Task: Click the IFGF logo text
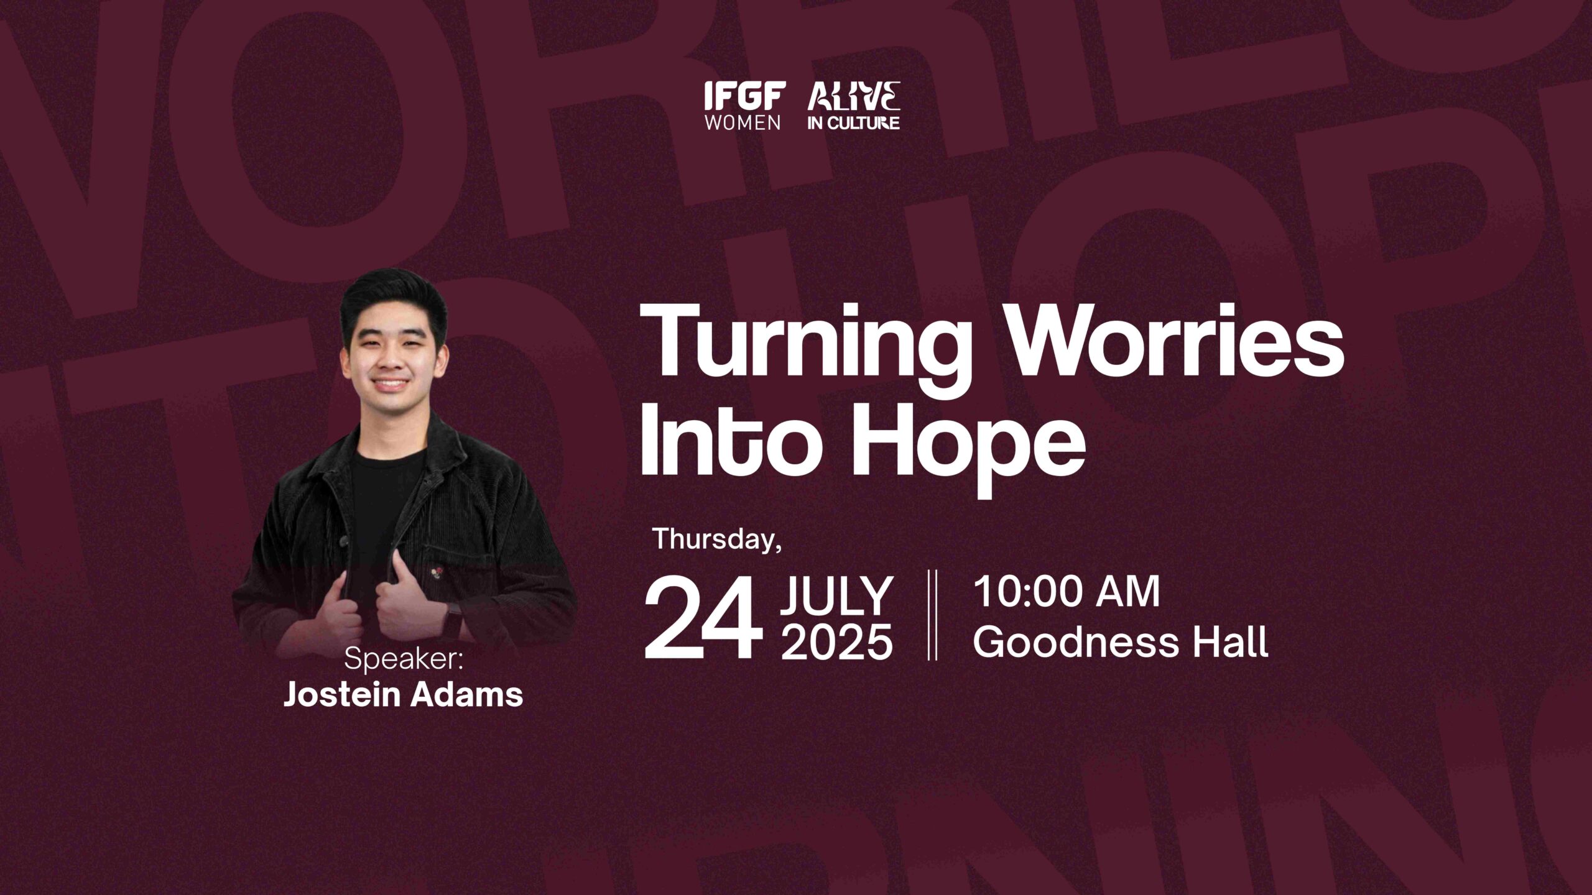tap(745, 96)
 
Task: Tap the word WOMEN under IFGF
tap(743, 122)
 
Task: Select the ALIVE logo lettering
tap(854, 96)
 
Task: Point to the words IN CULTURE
tap(854, 123)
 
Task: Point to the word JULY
tap(837, 595)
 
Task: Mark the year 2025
tap(837, 641)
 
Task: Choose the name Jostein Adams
tap(404, 694)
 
